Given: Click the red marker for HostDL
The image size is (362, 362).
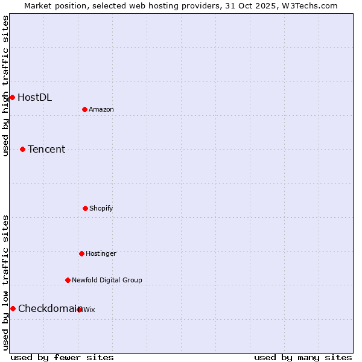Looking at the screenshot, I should (12, 97).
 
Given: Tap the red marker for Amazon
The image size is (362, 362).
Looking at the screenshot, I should (85, 109).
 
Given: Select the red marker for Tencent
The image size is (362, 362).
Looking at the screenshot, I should (22, 149).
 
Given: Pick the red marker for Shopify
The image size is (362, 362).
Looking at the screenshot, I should (85, 208).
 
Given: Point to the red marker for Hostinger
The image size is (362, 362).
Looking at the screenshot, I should (81, 253).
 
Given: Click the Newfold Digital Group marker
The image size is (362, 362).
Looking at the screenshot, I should (68, 280).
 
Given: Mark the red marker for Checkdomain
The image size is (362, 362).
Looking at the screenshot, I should (13, 308).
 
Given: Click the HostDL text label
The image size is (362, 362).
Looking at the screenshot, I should (34, 97).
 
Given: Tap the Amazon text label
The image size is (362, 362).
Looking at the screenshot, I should (101, 109).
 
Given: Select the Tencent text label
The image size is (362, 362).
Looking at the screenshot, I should (46, 149).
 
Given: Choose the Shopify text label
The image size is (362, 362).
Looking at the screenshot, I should (101, 208).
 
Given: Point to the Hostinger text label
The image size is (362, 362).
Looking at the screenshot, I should (101, 253).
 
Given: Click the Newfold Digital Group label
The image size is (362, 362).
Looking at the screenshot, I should (107, 280).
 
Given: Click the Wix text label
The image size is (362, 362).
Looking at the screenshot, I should (89, 310).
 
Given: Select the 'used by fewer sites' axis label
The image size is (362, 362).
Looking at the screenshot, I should (62, 357).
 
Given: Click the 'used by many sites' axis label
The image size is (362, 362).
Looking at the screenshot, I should (303, 357).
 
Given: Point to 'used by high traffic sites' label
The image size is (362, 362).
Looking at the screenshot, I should (5, 86).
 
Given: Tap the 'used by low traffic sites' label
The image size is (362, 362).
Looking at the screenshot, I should (5, 282).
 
